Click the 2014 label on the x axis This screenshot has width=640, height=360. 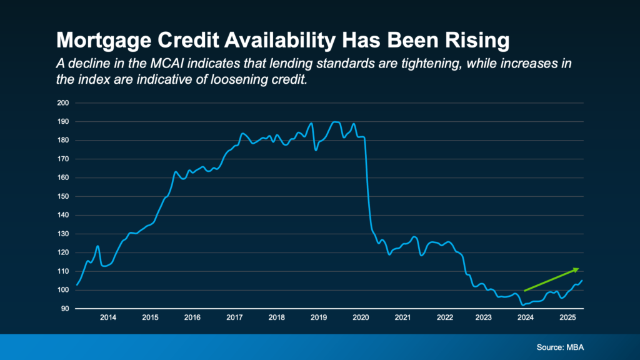tap(108, 317)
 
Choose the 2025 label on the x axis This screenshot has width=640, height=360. tap(567, 317)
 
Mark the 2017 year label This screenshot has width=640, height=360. tap(234, 317)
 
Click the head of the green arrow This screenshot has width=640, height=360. tap(577, 269)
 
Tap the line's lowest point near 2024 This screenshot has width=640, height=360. tap(522, 304)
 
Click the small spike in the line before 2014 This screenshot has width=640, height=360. tap(97, 246)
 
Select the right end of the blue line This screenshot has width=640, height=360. tap(582, 281)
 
